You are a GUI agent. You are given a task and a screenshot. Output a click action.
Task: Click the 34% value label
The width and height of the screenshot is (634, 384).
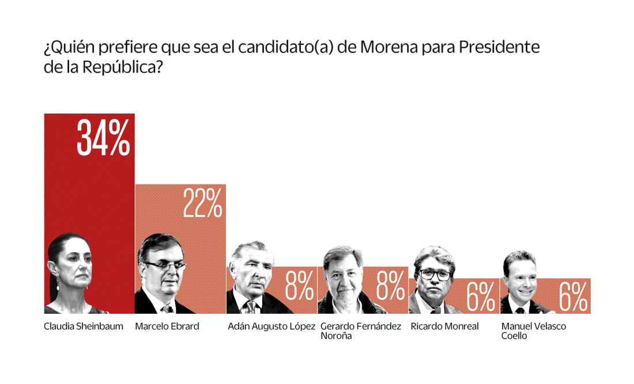(x=103, y=139)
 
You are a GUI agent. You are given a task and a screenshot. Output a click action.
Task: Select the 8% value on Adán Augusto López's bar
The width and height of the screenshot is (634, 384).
(x=299, y=287)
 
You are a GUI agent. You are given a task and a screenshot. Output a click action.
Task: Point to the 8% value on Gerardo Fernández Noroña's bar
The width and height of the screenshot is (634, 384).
(x=390, y=287)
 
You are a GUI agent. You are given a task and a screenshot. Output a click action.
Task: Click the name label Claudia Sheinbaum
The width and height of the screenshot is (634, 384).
(x=83, y=326)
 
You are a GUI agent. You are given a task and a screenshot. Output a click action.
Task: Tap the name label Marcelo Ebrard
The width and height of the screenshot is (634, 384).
(x=167, y=326)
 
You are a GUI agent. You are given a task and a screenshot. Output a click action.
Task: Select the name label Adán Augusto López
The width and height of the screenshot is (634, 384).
(x=271, y=326)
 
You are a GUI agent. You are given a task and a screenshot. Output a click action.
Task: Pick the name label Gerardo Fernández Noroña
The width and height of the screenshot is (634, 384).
(x=360, y=330)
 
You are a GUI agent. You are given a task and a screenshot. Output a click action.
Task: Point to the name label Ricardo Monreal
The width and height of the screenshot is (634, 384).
(x=444, y=326)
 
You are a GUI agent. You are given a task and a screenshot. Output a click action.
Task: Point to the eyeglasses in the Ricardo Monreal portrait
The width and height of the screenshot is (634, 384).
(x=435, y=274)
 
